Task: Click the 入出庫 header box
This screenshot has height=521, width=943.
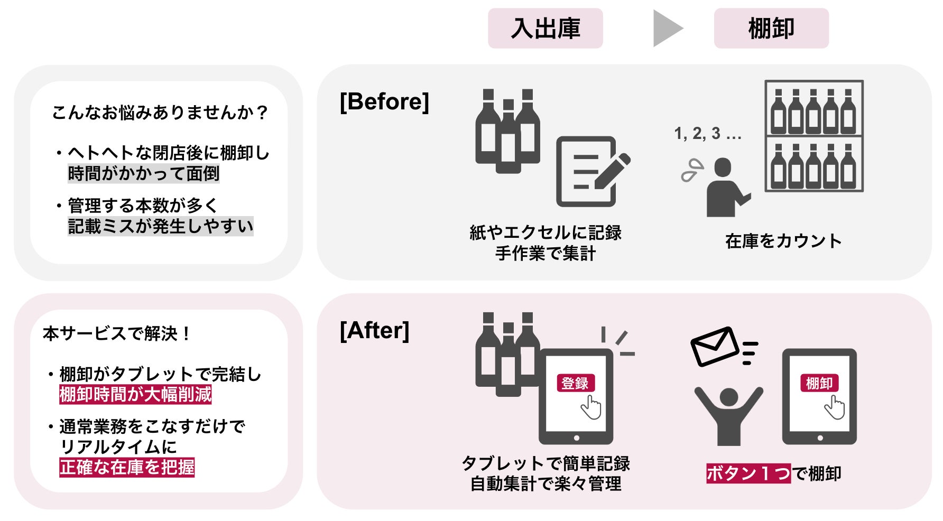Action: [545, 29]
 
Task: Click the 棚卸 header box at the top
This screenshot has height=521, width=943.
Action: [771, 29]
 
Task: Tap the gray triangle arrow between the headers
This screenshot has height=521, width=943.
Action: [667, 29]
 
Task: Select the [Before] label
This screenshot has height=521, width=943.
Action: [384, 101]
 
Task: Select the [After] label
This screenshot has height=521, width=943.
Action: [374, 331]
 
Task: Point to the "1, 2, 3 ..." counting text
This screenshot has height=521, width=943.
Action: [707, 134]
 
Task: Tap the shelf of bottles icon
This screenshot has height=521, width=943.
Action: [813, 136]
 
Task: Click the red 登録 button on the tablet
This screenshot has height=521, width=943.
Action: [575, 383]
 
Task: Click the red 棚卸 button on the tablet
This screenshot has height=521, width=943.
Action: [819, 383]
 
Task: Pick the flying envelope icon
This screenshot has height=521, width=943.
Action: [715, 346]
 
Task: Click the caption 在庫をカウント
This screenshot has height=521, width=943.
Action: [783, 241]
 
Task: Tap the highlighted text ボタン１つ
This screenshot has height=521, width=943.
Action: [748, 473]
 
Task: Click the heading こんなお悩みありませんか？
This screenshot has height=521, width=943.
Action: [160, 113]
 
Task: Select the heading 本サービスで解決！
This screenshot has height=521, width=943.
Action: [117, 334]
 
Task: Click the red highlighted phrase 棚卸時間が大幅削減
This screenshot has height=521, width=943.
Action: [135, 395]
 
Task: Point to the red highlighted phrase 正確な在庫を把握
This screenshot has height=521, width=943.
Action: [127, 468]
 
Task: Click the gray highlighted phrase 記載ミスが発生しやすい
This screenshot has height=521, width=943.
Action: [161, 226]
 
